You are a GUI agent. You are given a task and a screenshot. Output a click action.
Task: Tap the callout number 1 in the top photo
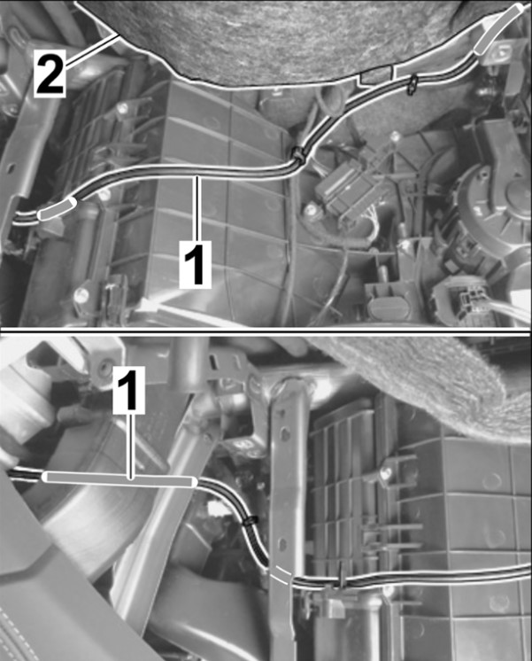(x=195, y=263)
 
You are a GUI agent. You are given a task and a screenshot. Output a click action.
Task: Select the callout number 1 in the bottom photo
(x=129, y=390)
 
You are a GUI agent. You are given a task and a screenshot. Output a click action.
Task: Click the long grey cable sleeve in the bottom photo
(x=120, y=479)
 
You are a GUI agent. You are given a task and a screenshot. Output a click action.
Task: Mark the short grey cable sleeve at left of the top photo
(x=58, y=209)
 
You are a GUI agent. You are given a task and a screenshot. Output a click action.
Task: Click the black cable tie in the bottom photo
(x=251, y=520)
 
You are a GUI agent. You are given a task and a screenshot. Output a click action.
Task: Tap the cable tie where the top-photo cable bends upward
(x=300, y=154)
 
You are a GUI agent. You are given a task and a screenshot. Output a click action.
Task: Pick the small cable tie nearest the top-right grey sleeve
(x=411, y=84)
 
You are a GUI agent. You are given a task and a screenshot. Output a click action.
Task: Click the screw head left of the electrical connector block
(x=311, y=209)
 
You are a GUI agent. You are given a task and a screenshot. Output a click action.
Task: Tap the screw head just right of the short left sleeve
(x=104, y=195)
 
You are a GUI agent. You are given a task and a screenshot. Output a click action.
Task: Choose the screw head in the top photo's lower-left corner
(x=81, y=295)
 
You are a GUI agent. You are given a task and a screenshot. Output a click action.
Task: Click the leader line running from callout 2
(x=91, y=50)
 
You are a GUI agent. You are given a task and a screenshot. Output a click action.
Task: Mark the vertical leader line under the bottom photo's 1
(x=131, y=446)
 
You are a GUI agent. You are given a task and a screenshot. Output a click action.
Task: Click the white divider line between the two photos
(x=266, y=329)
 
